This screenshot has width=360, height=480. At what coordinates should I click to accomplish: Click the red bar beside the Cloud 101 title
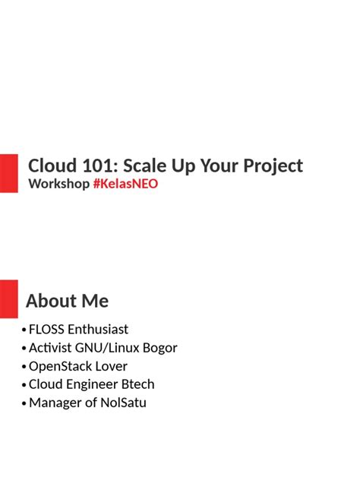click(8, 172)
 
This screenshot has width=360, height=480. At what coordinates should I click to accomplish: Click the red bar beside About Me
click(8, 298)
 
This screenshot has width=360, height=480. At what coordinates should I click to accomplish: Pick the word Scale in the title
click(147, 166)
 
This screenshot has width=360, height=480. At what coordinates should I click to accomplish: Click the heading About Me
click(67, 301)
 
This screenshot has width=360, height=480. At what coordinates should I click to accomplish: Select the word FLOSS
click(47, 330)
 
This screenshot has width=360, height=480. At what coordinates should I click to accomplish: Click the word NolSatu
click(123, 403)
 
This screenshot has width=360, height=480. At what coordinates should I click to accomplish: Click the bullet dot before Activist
click(24, 349)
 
